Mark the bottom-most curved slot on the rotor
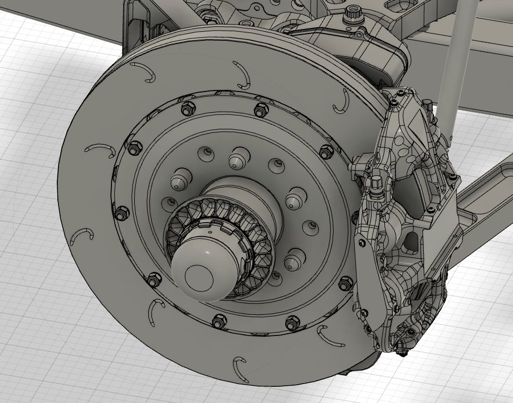point(240,366)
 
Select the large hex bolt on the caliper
point(377,183)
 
